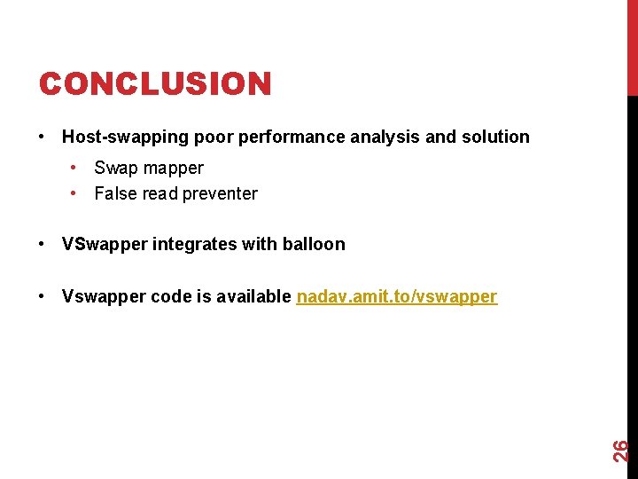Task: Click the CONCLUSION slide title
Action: pyautogui.click(x=155, y=84)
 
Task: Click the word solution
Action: pyautogui.click(x=495, y=137)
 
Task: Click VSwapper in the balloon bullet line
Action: pyautogui.click(x=105, y=244)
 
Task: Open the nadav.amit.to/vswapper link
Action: pyautogui.click(x=397, y=296)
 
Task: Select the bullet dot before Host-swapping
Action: pyautogui.click(x=43, y=137)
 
